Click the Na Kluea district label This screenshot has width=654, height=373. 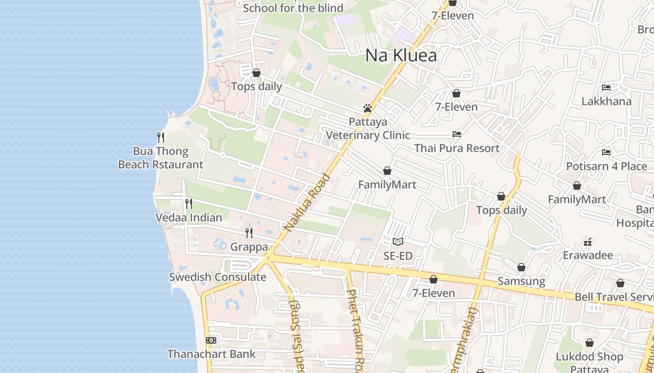point(401,55)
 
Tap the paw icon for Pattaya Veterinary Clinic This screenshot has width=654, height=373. point(368,108)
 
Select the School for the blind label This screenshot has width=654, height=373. point(293,8)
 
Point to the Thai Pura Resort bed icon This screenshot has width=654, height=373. point(457,134)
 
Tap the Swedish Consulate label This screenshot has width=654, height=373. point(218,277)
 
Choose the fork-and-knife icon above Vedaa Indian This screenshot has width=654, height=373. point(188,204)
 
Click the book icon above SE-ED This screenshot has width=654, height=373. point(398,242)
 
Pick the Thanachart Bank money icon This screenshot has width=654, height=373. point(211,340)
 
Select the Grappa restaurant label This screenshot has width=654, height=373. point(249,247)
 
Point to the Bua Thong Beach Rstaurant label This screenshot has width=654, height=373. point(161,158)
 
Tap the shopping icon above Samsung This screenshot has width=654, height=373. point(521,268)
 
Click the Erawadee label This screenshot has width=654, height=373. point(588,255)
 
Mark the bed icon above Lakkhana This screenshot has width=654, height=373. point(606,88)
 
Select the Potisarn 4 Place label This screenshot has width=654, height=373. point(606,166)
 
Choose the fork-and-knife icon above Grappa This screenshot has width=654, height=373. point(249,233)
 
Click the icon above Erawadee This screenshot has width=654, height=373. point(588,242)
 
